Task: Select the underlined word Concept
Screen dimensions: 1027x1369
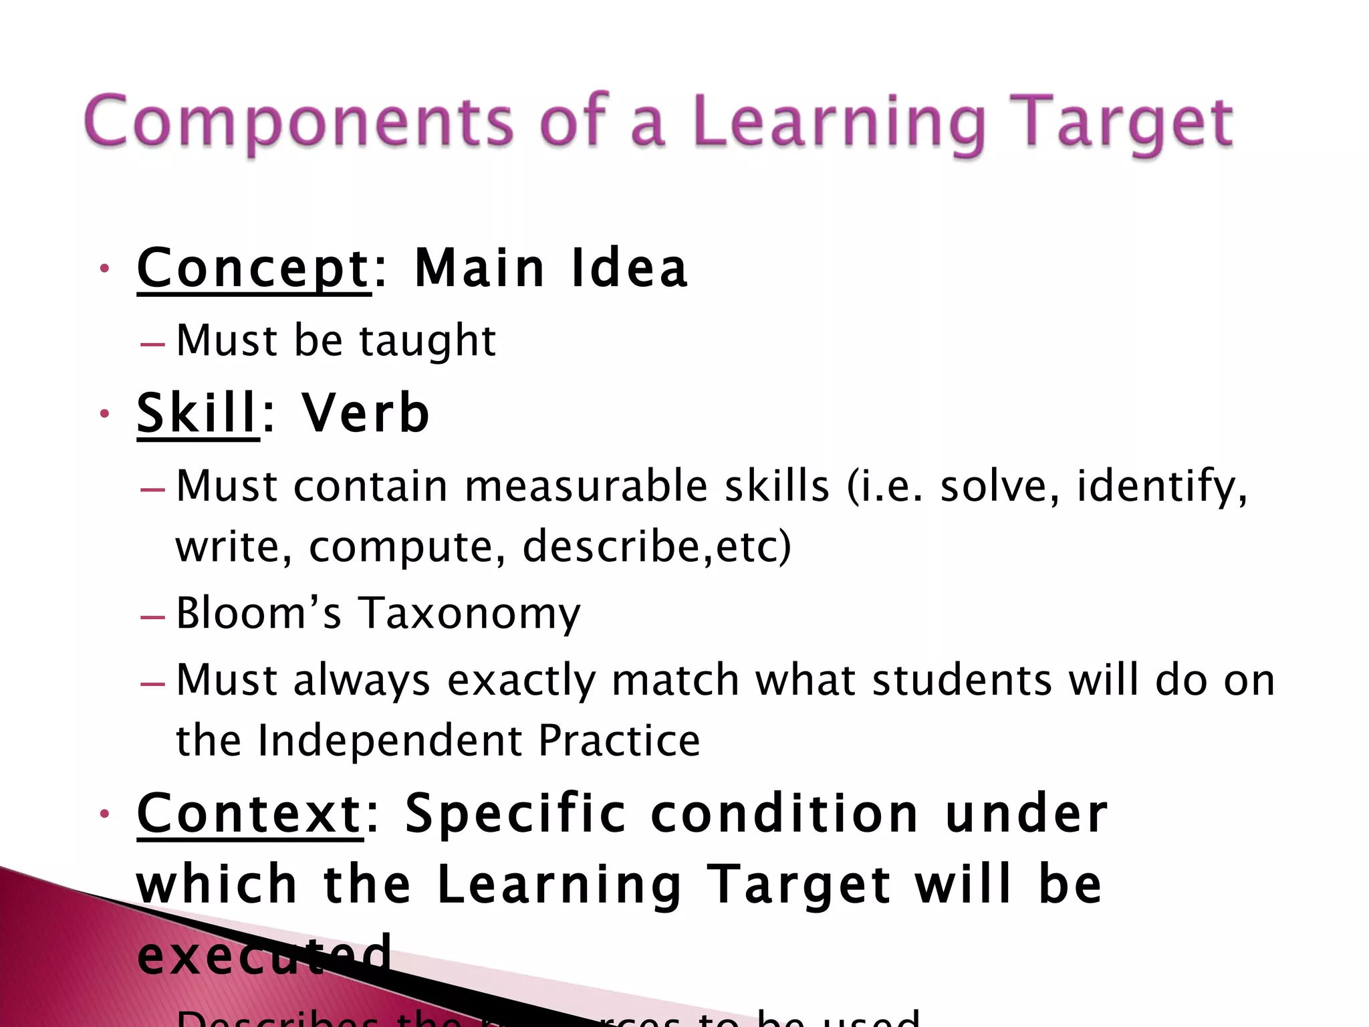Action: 253,268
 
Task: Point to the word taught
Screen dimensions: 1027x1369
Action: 428,340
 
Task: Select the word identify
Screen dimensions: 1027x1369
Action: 1161,487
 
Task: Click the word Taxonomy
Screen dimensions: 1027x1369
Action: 470,614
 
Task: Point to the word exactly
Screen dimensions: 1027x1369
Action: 521,681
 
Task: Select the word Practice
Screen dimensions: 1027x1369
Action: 619,740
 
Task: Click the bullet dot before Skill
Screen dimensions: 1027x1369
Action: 104,414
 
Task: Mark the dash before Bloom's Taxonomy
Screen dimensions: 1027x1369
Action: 153,616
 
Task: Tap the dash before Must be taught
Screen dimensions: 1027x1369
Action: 153,344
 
